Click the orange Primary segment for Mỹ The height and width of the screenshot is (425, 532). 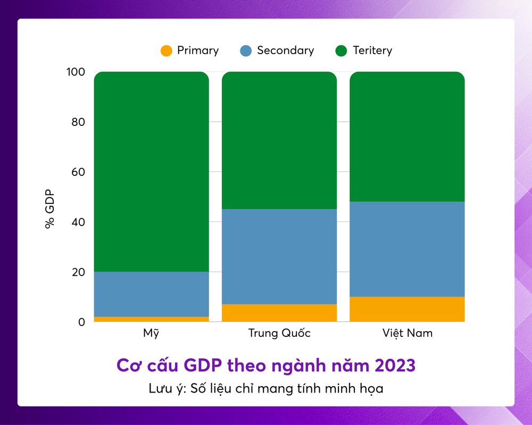point(151,319)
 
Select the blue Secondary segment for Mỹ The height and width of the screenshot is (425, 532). point(151,294)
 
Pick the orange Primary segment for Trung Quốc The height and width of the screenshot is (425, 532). point(279,313)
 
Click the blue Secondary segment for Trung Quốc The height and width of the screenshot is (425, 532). point(279,257)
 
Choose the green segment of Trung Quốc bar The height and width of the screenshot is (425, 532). point(279,140)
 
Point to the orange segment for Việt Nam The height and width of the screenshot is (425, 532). point(407,309)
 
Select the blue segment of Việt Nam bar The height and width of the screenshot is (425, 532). point(407,249)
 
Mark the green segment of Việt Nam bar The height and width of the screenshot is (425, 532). point(407,137)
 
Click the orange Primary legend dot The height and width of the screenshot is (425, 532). point(167,51)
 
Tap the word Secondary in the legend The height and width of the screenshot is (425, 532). point(285,50)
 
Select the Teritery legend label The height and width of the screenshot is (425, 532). point(372,50)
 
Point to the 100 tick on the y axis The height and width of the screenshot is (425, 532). point(74,72)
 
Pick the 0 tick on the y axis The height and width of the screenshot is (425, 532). point(81,322)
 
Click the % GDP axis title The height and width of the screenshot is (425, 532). point(50,209)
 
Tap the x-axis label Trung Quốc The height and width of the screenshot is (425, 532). point(279,334)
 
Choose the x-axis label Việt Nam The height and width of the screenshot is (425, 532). point(407,334)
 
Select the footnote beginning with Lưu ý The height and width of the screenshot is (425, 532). point(266,388)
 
